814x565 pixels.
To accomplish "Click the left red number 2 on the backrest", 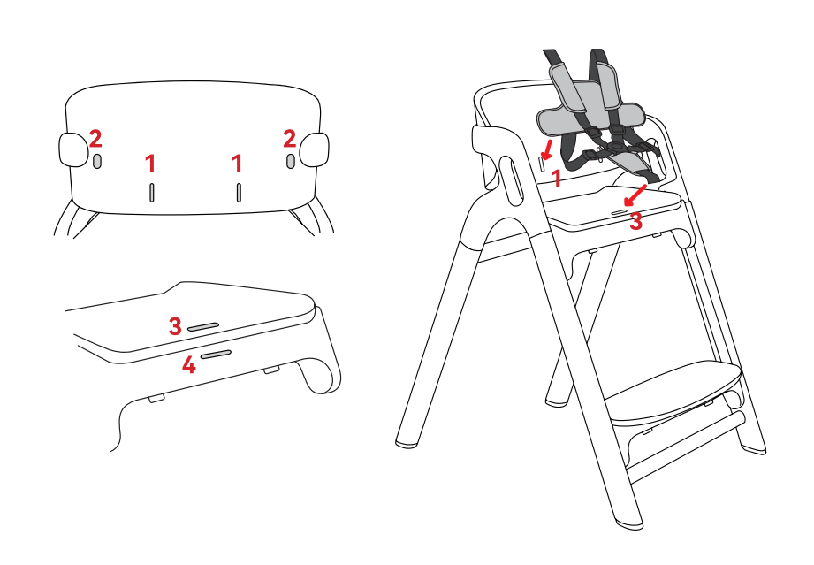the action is [95, 139].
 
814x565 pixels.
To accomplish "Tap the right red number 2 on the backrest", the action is [290, 139].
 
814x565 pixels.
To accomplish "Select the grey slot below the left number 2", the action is [97, 162].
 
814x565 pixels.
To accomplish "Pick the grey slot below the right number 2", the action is [291, 161].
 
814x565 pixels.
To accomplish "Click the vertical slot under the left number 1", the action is [152, 192].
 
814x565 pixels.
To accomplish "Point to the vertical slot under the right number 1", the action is [239, 192].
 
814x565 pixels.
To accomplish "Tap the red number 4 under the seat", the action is [189, 364].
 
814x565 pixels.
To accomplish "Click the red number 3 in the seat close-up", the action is [175, 326].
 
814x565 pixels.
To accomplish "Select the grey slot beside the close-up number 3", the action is [203, 326].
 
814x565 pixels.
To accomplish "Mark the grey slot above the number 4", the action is [216, 355].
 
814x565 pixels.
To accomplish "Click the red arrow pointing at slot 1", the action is [547, 150].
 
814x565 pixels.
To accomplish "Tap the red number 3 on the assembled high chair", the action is [636, 222].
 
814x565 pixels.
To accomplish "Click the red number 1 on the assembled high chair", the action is [557, 178].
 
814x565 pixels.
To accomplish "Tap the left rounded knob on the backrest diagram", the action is [73, 150].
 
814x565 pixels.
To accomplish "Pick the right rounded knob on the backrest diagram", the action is [314, 150].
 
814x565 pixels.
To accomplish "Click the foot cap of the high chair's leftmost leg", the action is [407, 443].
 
